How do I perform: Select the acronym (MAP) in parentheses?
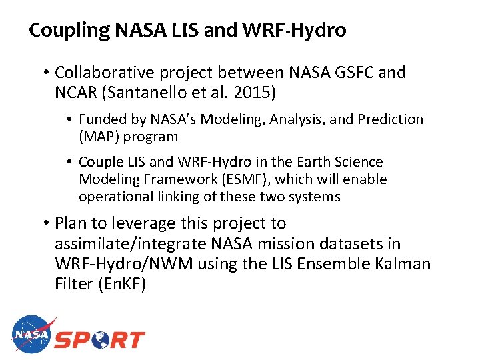coord(98,137)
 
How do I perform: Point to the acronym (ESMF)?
coord(243,179)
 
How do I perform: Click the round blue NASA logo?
coord(31,335)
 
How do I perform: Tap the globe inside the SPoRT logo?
coord(101,339)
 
